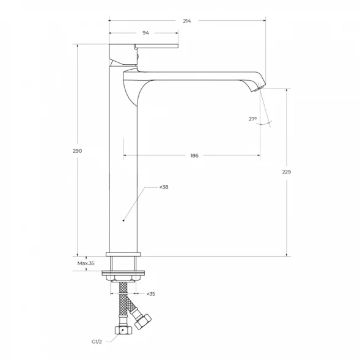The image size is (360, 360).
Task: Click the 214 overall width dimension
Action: point(187,21)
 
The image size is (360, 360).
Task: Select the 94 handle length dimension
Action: point(145,33)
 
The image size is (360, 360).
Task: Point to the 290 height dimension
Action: point(78,151)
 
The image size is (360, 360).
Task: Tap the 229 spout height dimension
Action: point(286,172)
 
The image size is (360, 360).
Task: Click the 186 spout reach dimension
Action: point(194,156)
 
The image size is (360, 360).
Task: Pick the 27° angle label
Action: point(252,119)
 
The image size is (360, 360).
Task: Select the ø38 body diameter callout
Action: point(164,187)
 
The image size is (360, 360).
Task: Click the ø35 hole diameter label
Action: point(151,294)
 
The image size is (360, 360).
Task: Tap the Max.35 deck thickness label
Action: point(86,263)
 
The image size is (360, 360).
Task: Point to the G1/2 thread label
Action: point(97,342)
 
